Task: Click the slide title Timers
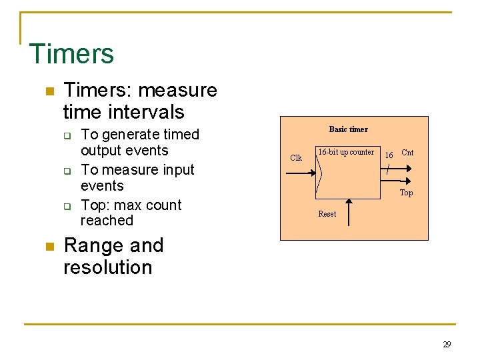pyautogui.click(x=71, y=54)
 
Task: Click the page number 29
pyautogui.click(x=447, y=345)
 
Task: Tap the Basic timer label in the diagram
pyautogui.click(x=348, y=129)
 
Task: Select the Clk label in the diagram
pyautogui.click(x=296, y=158)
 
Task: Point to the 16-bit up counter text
pyautogui.click(x=345, y=153)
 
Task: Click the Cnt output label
pyautogui.click(x=407, y=153)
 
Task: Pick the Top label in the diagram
pyautogui.click(x=406, y=193)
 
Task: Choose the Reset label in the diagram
pyautogui.click(x=327, y=214)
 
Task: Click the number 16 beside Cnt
pyautogui.click(x=389, y=155)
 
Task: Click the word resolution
pyautogui.click(x=107, y=267)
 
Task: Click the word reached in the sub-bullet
pyautogui.click(x=107, y=221)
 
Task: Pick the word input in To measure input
pyautogui.click(x=175, y=170)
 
